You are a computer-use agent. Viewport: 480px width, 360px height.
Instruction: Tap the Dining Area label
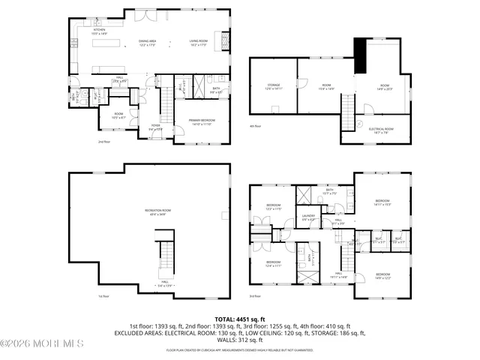pyautogui.click(x=148, y=43)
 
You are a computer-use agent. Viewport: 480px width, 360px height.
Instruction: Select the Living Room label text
pyautogui.click(x=198, y=43)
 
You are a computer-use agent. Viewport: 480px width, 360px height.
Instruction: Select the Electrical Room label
pyautogui.click(x=381, y=129)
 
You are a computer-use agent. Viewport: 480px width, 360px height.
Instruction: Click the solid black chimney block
pyautogui.click(x=359, y=55)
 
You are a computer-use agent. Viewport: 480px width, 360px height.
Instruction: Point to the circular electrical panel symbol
pyautogui.click(x=359, y=123)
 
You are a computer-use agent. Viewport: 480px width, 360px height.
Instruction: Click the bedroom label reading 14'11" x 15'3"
pyautogui.click(x=382, y=202)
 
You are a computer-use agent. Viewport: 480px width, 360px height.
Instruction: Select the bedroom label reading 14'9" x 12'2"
pyautogui.click(x=383, y=276)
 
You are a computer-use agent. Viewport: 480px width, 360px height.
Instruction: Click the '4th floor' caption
pyautogui.click(x=256, y=125)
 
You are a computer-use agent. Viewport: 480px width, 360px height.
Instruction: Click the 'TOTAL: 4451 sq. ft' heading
pyautogui.click(x=239, y=319)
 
